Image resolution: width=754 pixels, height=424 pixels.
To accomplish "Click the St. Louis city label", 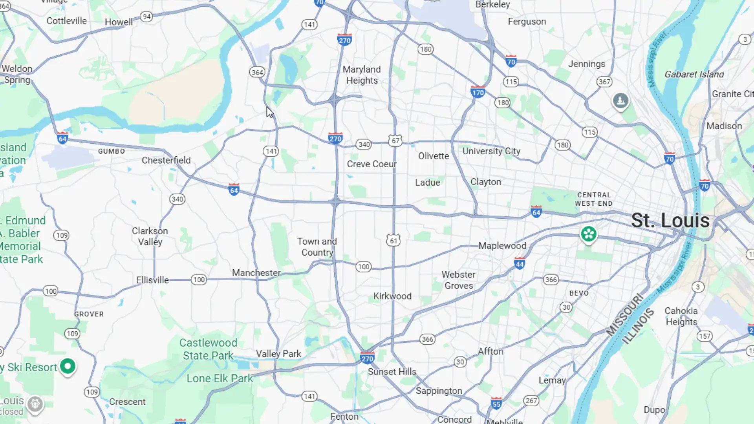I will click(670, 221).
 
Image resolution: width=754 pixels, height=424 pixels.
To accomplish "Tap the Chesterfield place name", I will click(166, 160).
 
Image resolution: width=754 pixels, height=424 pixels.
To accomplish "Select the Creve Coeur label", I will click(372, 164).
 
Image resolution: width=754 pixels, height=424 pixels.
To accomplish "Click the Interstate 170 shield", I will click(478, 92).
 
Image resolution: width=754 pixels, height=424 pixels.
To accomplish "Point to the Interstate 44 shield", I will click(520, 263).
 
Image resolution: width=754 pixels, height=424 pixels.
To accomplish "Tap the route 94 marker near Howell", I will click(146, 16).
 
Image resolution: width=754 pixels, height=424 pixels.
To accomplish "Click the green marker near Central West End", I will click(588, 234).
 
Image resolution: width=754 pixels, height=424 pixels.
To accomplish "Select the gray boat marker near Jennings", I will click(620, 101).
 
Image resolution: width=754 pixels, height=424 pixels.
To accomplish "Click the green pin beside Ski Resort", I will click(68, 366).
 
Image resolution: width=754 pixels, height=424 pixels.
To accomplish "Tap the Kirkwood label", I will click(392, 296).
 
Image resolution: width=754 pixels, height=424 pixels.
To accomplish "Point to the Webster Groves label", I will click(458, 280).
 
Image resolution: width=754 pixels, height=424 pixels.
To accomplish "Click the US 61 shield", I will click(393, 240).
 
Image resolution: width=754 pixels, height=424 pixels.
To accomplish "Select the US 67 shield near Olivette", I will click(395, 141).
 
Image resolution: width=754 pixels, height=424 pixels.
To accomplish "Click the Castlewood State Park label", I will click(208, 349).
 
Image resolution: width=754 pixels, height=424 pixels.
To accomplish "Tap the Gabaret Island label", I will click(694, 74).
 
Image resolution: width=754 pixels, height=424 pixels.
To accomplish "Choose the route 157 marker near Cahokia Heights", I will click(705, 336).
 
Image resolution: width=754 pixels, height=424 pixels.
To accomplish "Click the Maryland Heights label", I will click(362, 75).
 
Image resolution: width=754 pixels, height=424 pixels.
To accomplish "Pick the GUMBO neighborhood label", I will click(112, 151).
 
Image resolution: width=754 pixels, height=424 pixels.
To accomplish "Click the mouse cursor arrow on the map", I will click(269, 112).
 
